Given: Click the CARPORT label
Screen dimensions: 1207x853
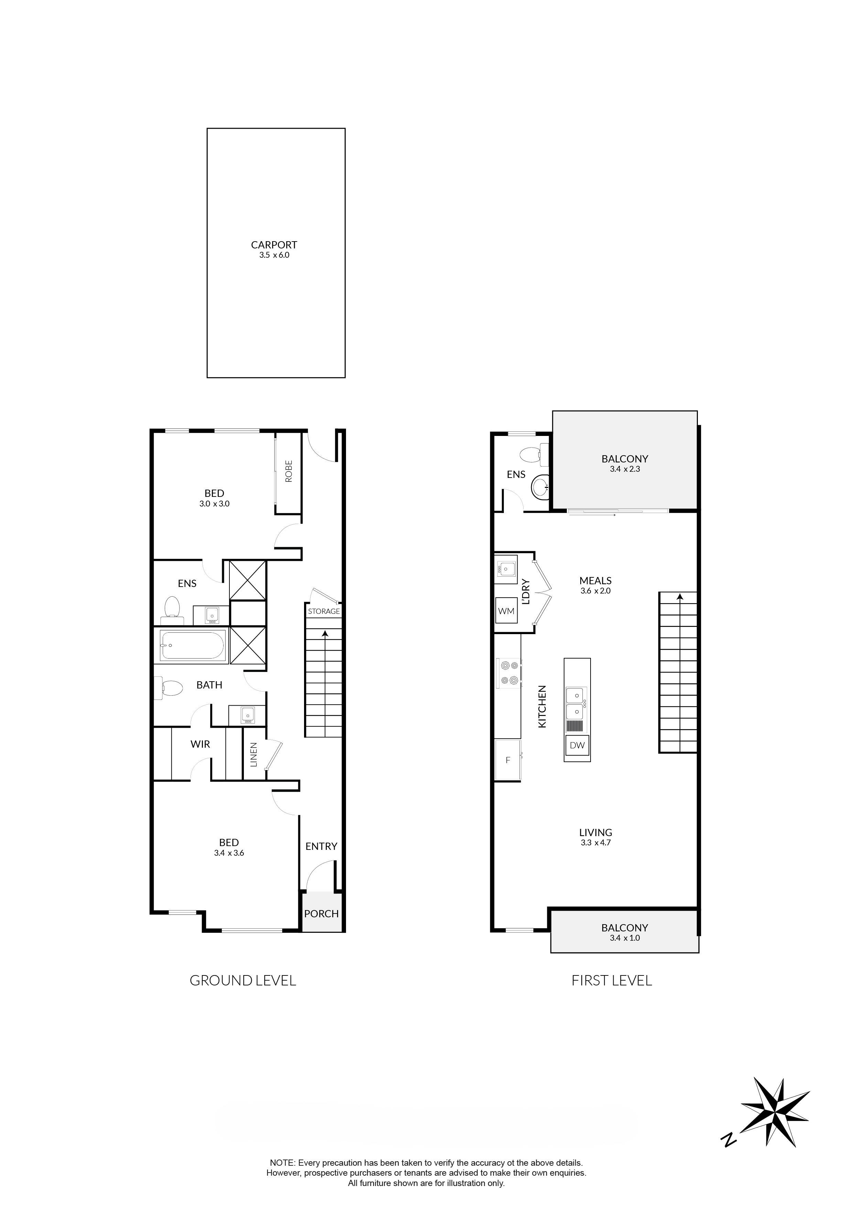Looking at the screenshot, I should (x=274, y=245).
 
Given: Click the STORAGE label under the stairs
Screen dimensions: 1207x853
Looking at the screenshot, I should (x=324, y=611).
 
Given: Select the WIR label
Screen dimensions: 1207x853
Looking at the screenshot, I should (x=200, y=744).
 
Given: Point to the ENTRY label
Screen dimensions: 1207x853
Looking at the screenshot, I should (x=321, y=847).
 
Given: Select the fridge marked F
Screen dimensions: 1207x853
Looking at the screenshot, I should (x=508, y=760).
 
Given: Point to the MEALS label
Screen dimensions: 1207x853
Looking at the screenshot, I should (x=595, y=581).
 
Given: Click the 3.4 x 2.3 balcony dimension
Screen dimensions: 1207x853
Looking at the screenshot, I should (x=625, y=469).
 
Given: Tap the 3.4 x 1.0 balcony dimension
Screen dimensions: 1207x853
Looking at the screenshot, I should (x=625, y=938).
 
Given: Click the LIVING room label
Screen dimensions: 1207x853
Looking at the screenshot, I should (x=595, y=833).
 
